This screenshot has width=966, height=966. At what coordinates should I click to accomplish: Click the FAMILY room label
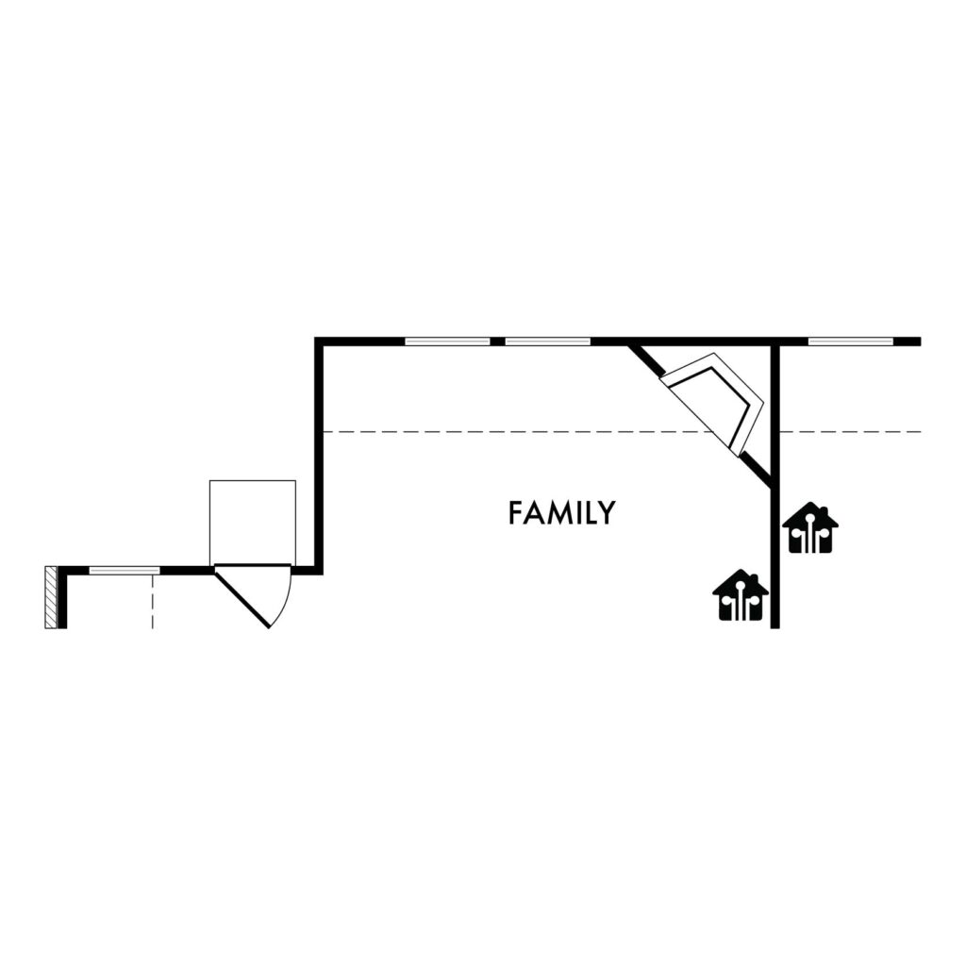coord(561,512)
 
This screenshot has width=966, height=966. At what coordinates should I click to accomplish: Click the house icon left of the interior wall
coord(741,596)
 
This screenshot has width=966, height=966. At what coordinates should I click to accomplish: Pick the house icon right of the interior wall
coord(810,528)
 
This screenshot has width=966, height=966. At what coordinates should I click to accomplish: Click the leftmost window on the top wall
coord(448,341)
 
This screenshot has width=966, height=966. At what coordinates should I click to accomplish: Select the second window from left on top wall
coord(548,341)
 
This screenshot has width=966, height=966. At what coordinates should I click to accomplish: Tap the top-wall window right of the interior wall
coord(851,341)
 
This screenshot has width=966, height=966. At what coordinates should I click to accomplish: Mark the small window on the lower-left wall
coord(125,571)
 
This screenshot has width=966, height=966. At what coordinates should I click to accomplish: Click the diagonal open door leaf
coord(242,599)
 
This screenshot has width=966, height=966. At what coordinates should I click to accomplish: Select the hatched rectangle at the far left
coord(51,597)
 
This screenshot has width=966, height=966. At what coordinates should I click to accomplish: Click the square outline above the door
coord(253,480)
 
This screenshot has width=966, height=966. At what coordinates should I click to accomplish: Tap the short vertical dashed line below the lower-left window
coord(152,602)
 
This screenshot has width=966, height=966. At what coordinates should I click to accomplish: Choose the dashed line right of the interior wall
coord(851,432)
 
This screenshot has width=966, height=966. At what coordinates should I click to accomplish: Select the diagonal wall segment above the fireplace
coord(646,360)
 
